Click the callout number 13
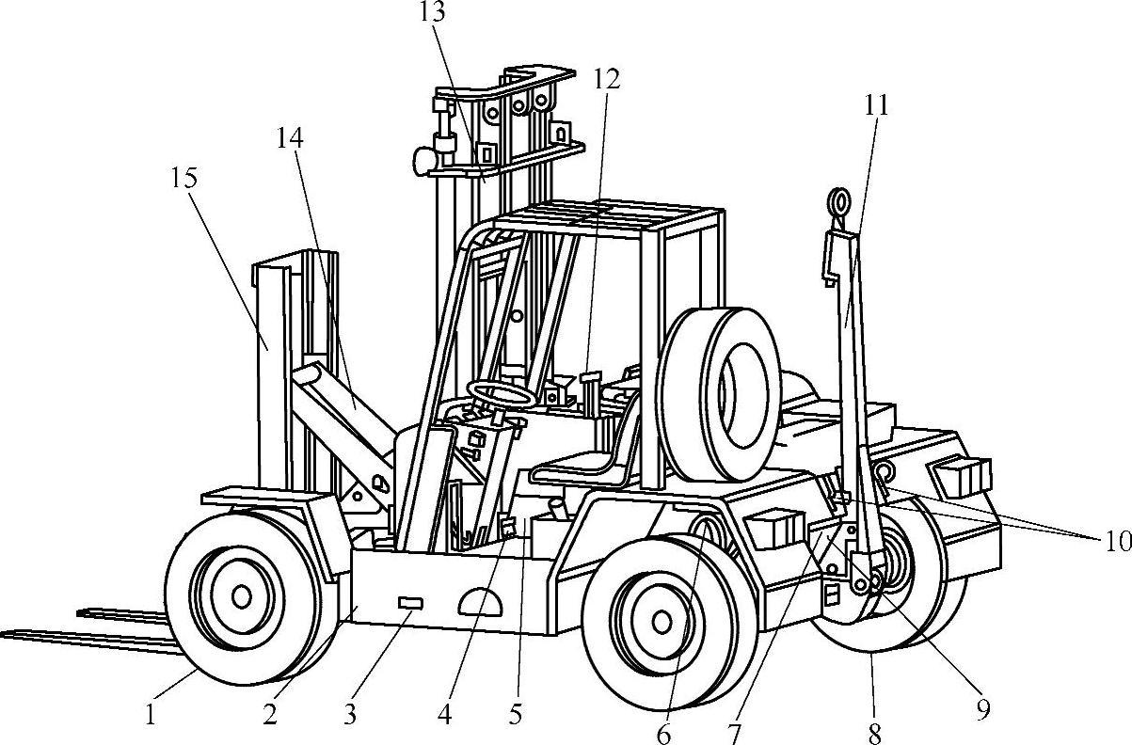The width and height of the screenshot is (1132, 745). tap(433, 12)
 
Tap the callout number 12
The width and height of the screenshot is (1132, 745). tap(606, 79)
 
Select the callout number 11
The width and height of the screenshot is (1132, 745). tap(876, 106)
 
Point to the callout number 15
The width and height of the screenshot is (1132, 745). tap(184, 178)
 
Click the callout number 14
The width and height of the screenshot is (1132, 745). tap(290, 138)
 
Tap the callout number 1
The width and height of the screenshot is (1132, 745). tap(151, 715)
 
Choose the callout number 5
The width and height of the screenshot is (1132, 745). tap(516, 714)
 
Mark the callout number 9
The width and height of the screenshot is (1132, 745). tap(982, 710)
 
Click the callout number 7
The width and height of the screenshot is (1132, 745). tap(734, 734)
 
